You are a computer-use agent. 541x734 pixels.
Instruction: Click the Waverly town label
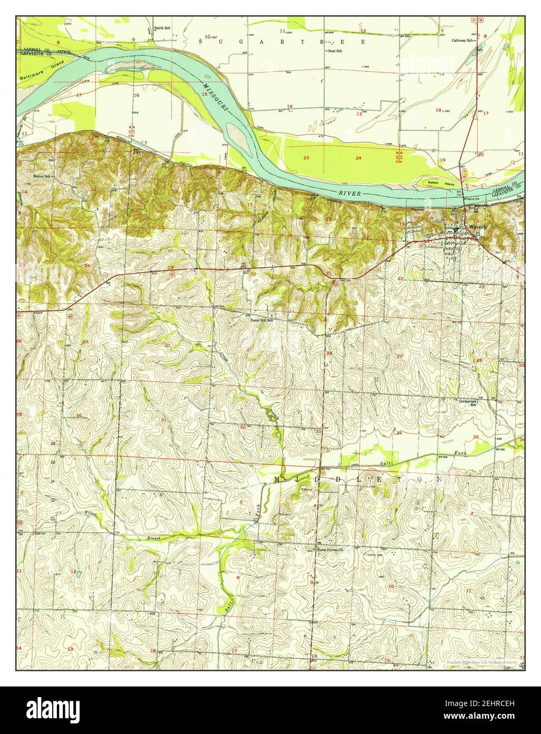(476, 226)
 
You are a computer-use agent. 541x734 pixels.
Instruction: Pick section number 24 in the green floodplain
(359, 158)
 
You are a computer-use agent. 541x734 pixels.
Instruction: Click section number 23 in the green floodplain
(306, 158)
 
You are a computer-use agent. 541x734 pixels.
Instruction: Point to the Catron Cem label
(374, 555)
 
